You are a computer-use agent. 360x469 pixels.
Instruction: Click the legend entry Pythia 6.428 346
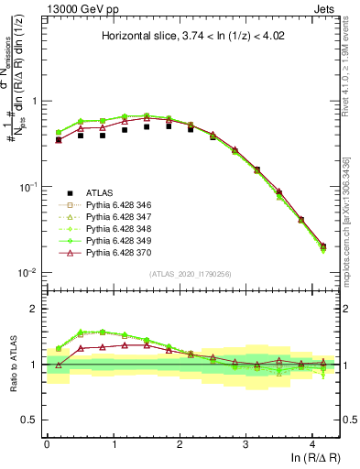pyautogui.click(x=114, y=205)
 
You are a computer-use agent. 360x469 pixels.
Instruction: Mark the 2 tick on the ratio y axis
pyautogui.click(x=35, y=309)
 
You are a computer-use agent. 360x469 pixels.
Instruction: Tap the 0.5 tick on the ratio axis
pyautogui.click(x=30, y=420)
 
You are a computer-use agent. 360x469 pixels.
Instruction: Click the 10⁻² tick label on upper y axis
pyautogui.click(x=28, y=273)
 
